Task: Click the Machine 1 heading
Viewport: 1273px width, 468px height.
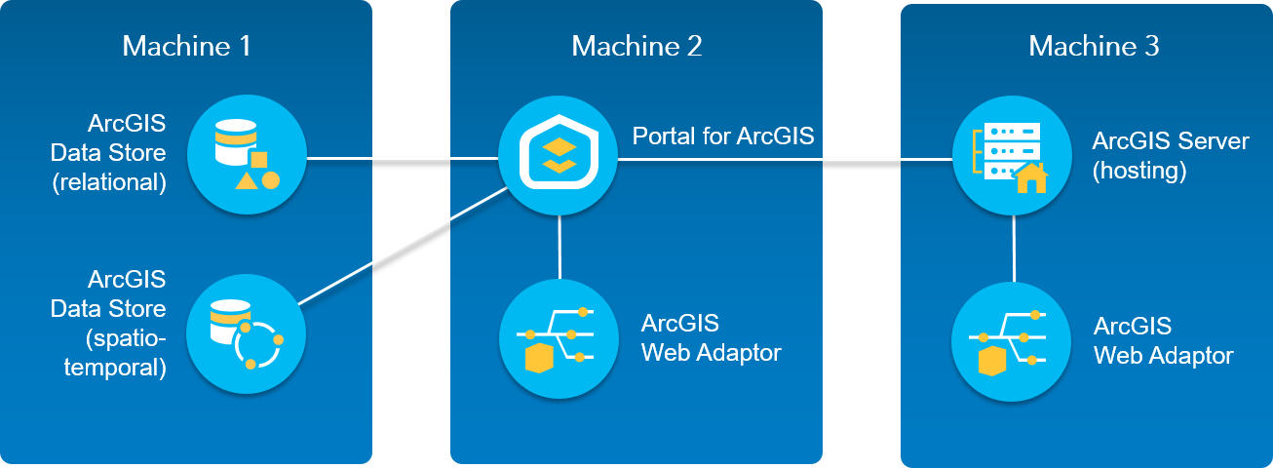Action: [186, 46]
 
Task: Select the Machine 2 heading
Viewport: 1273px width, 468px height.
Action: [636, 46]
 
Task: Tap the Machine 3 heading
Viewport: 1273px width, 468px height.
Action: [1094, 46]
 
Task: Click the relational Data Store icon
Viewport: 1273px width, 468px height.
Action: [247, 156]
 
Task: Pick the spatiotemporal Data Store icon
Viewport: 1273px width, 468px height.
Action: [247, 333]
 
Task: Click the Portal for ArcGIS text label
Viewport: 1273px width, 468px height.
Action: [723, 135]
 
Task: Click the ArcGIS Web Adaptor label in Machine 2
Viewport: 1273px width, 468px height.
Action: [711, 337]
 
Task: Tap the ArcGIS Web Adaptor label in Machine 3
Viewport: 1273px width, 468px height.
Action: [1163, 340]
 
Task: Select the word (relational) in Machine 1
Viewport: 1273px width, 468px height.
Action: [109, 181]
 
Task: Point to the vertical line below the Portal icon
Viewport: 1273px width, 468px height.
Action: [559, 248]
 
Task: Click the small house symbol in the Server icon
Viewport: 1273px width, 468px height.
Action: [1030, 178]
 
